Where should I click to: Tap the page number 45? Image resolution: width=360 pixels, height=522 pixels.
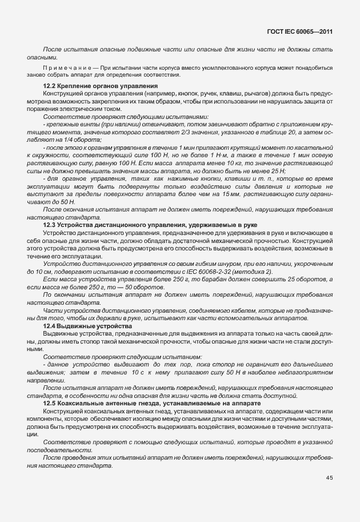[x=329, y=478]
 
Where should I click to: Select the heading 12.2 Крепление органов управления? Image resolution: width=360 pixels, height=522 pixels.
[x=92, y=86]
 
